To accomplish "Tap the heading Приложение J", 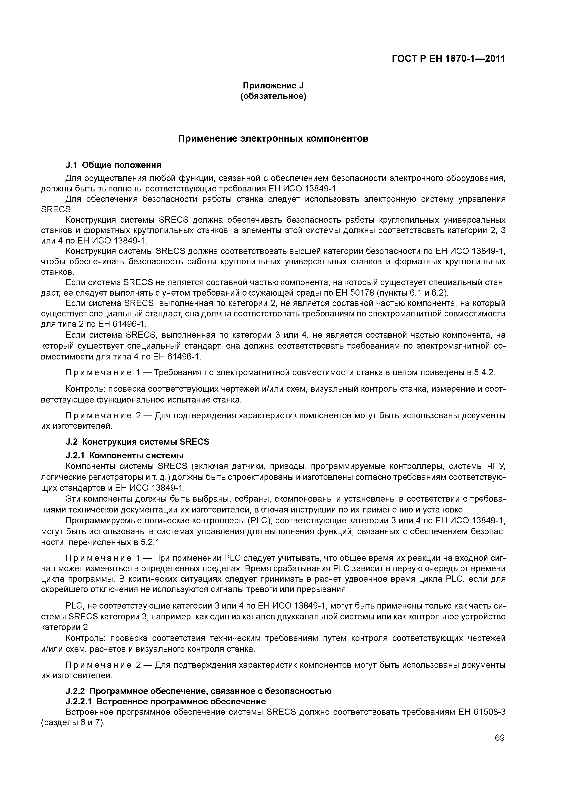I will tap(273, 86).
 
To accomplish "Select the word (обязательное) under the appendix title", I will tap(273, 96).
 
